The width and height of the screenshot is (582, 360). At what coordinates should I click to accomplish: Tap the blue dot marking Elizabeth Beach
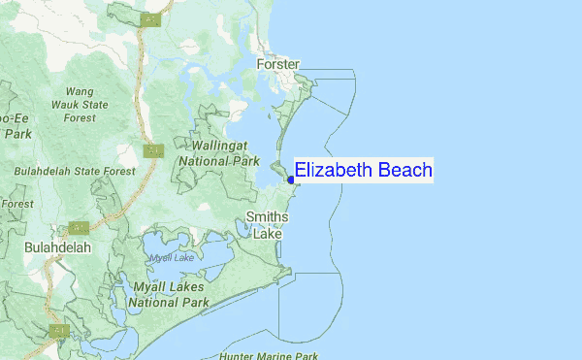pyautogui.click(x=291, y=180)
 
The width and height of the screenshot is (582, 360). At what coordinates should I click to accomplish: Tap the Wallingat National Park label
pyautogui.click(x=218, y=151)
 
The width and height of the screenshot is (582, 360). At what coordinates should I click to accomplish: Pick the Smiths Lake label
pyautogui.click(x=267, y=224)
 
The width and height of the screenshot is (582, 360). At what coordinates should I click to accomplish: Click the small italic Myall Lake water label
pyautogui.click(x=172, y=257)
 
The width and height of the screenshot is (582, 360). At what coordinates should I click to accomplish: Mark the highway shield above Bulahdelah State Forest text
pyautogui.click(x=152, y=151)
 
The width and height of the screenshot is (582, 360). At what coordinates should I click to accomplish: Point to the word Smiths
pyautogui.click(x=267, y=216)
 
